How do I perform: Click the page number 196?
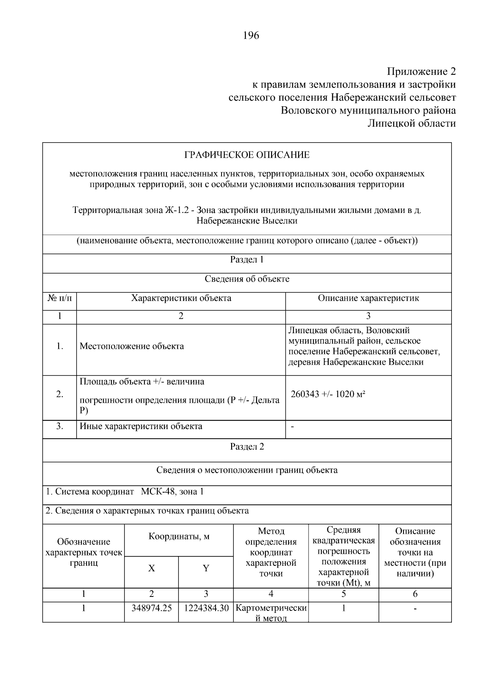[251, 36]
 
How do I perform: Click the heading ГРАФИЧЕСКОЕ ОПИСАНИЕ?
[247, 155]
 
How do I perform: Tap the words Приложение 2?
[421, 72]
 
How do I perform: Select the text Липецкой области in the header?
[411, 123]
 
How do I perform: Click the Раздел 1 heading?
[247, 260]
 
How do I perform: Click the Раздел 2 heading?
[247, 447]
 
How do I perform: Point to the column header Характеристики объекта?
[181, 298]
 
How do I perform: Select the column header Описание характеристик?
[368, 298]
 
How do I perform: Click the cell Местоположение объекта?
[132, 346]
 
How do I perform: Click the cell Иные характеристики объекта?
[141, 426]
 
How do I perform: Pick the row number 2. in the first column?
[59, 394]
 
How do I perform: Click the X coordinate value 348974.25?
[151, 608]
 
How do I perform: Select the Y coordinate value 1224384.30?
[206, 608]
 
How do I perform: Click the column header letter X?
[151, 568]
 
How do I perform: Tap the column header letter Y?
[206, 568]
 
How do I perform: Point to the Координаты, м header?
[179, 536]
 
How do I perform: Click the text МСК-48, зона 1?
[172, 491]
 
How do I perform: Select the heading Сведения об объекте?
[247, 279]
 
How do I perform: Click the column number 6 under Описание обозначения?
[415, 594]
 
